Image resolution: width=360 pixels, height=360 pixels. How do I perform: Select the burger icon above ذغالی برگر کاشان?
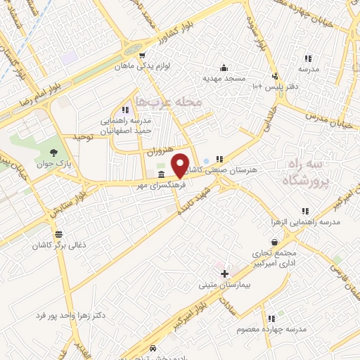tap(56, 234)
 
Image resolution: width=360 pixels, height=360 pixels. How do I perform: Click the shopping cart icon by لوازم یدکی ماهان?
tap(143, 56)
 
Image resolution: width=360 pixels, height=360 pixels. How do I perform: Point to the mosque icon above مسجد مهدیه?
tap(224, 67)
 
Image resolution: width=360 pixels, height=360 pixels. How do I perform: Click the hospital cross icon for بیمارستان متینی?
tap(224, 274)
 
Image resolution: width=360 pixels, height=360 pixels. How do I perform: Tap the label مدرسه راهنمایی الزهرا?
tap(305, 222)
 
